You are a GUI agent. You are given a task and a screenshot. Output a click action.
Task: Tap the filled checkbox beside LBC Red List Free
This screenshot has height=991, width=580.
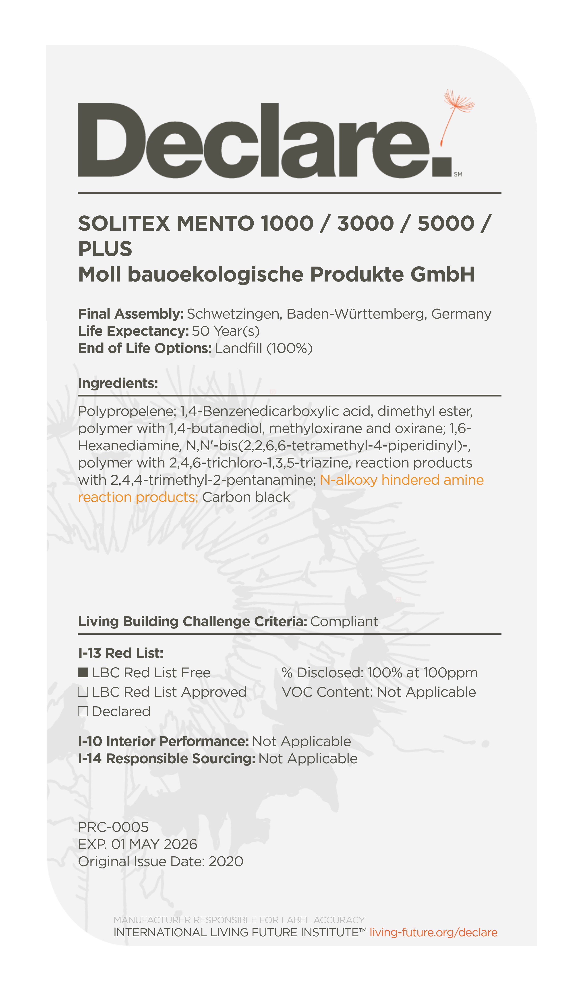[x=83, y=672]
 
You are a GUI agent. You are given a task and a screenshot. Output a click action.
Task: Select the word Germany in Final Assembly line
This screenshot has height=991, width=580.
[x=461, y=314]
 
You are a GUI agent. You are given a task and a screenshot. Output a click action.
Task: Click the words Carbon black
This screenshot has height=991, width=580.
[x=246, y=497]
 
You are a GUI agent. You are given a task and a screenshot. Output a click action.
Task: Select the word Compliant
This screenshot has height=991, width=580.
[x=344, y=621]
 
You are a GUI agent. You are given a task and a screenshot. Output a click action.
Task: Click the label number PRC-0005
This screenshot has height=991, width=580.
[x=113, y=827]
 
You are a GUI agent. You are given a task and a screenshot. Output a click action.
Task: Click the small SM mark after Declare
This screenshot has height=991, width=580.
[x=458, y=174]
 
